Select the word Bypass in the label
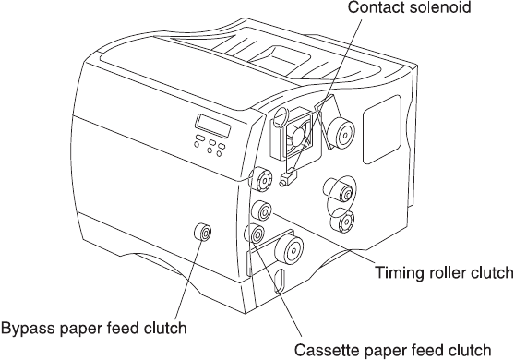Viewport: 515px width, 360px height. [x=28, y=329]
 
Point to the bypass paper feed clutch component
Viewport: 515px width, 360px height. [x=203, y=233]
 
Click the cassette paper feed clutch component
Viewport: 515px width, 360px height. [x=255, y=234]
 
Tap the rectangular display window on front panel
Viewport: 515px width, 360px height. [x=213, y=126]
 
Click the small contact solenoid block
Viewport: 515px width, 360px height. [x=289, y=179]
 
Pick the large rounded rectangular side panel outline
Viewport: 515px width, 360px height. [x=382, y=130]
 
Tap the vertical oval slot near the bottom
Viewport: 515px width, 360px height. [x=280, y=281]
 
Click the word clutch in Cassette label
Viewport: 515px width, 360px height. [x=472, y=350]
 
